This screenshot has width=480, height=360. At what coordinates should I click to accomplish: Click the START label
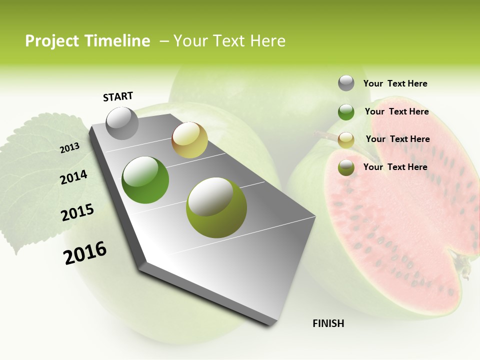pos(118,96)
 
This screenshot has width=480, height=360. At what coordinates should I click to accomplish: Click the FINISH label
pos(328,323)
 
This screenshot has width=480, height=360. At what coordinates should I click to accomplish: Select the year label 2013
pos(69,148)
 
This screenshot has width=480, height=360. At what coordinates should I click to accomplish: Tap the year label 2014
pos(73,177)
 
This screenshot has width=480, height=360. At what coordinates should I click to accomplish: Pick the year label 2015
pos(77,212)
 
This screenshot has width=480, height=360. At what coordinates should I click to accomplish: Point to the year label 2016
pos(85,252)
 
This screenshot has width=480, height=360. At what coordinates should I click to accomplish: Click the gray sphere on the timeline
pos(122,123)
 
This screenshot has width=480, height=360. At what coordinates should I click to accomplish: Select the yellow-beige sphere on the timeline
pos(189,140)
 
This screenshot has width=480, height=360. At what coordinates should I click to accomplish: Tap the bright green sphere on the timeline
pos(145,179)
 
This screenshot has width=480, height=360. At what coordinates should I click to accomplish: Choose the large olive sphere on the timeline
pos(216,207)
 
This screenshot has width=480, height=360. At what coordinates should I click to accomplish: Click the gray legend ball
pos(346,83)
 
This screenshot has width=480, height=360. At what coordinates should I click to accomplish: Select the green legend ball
pos(346,111)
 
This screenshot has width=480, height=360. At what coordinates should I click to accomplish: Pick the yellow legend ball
pos(346,139)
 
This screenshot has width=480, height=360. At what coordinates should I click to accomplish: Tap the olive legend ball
pos(346,167)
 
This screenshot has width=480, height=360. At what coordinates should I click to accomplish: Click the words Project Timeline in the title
pos(87,41)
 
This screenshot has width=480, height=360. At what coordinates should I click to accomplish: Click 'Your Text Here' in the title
pos(229,41)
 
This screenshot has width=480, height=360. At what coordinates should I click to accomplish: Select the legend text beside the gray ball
pos(395,83)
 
